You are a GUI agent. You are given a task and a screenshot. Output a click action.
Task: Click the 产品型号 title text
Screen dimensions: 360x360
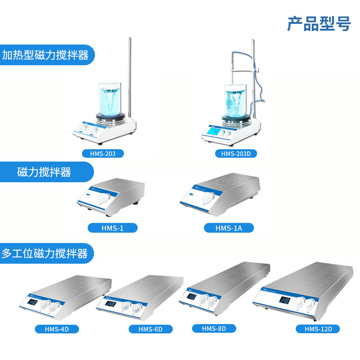point(319,24)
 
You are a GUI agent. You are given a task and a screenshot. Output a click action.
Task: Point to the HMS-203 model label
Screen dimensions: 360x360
point(103,154)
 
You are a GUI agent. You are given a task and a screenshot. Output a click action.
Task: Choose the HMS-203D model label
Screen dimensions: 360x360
point(238,154)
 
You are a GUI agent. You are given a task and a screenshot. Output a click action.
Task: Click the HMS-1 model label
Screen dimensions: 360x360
point(113,228)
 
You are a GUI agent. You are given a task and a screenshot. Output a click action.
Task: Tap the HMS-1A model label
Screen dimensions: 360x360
point(229,228)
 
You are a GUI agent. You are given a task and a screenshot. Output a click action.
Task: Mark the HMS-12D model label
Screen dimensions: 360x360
point(318,329)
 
